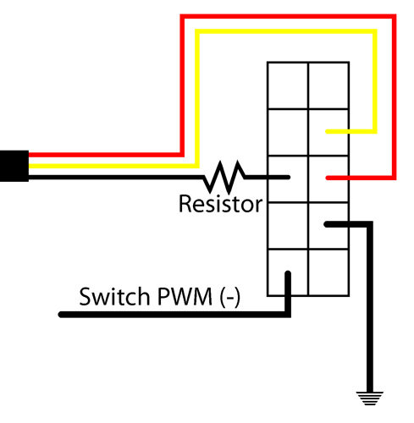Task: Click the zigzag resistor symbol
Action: click(x=224, y=177)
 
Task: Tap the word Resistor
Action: click(x=221, y=204)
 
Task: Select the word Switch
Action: click(x=114, y=296)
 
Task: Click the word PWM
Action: click(x=185, y=296)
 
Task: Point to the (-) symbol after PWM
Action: click(x=230, y=297)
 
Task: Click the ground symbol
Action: click(x=369, y=398)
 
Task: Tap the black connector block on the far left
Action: click(x=14, y=166)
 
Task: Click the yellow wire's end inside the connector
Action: click(x=328, y=131)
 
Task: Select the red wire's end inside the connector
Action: click(x=328, y=178)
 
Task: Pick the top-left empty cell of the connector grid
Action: click(x=288, y=85)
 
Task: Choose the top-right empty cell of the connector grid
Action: click(x=328, y=85)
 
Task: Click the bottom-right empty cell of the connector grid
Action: click(x=328, y=272)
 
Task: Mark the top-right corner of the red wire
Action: click(x=394, y=16)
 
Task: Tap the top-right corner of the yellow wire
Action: click(x=375, y=31)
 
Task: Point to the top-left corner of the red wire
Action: click(x=182, y=16)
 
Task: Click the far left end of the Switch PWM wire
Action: click(x=61, y=315)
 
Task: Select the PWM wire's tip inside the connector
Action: click(x=288, y=273)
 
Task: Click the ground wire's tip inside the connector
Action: click(x=327, y=224)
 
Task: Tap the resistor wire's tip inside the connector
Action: click(x=288, y=177)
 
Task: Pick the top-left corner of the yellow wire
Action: click(x=197, y=31)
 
